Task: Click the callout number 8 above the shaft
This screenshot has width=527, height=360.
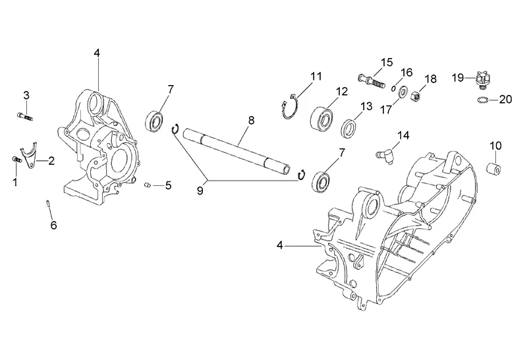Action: pos(252,121)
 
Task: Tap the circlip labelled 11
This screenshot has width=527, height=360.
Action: pos(289,107)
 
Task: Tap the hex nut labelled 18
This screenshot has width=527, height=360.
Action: pos(416,97)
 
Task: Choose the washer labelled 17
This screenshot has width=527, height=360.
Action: pos(402,92)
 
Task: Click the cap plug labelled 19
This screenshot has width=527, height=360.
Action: pos(479,80)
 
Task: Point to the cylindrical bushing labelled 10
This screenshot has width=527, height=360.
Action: pos(494,168)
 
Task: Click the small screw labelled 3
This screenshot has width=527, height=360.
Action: pos(24,117)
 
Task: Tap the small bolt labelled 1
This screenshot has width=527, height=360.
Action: pos(16,160)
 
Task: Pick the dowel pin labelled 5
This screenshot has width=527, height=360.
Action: pos(147,185)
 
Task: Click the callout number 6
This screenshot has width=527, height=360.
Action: pos(54,225)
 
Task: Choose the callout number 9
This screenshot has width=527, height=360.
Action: pos(200,191)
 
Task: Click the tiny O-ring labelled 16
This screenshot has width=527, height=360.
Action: pos(393,88)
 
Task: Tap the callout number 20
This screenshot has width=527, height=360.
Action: pos(505,100)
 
